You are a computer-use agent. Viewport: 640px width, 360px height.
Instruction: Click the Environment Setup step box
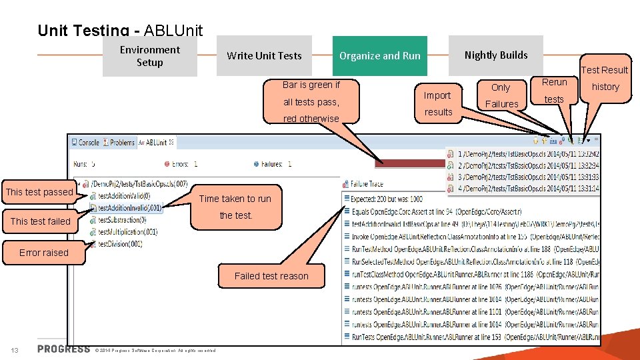(x=149, y=56)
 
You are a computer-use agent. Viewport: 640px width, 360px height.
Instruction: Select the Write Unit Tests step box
(x=264, y=56)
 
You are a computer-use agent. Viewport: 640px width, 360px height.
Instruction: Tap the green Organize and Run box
(x=379, y=56)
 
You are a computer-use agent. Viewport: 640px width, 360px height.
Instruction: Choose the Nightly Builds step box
(x=495, y=55)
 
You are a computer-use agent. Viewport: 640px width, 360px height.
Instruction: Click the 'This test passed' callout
(x=39, y=192)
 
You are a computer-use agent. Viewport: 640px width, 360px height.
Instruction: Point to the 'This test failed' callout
(x=40, y=221)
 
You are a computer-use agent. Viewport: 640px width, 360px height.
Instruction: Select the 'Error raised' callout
(x=43, y=253)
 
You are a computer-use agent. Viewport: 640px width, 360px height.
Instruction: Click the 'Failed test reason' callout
(x=271, y=276)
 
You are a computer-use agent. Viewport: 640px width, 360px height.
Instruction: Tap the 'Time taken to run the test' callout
(x=235, y=207)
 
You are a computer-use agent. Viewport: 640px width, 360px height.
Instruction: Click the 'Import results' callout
(x=438, y=103)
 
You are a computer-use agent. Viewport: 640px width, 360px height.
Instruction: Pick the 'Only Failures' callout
(x=501, y=96)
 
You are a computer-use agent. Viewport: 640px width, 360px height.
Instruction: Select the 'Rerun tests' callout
(x=554, y=91)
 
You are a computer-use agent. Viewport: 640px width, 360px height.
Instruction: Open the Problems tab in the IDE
(x=121, y=143)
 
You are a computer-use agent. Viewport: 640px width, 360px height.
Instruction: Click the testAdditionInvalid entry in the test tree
(x=129, y=208)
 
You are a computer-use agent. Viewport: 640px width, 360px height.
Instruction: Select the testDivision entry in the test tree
(x=119, y=244)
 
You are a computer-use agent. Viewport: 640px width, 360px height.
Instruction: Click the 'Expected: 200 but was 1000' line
(x=387, y=199)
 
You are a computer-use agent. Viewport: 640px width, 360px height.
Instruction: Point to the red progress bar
(x=410, y=163)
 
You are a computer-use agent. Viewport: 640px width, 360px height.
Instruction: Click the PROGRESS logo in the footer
(x=63, y=349)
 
